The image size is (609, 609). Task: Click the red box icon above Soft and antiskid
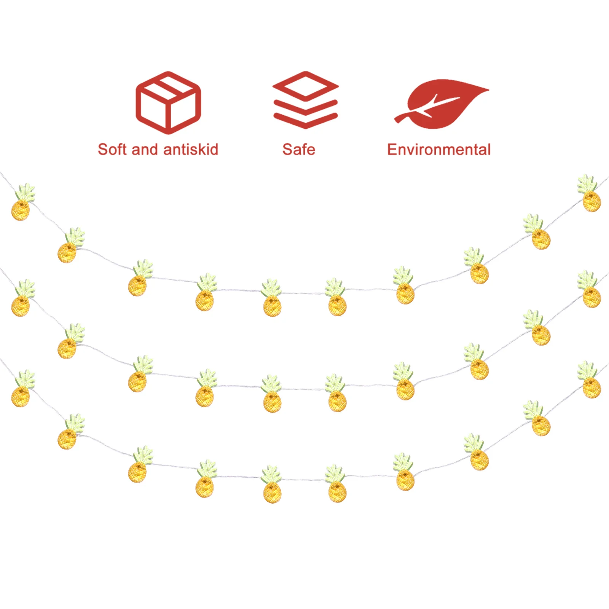click(x=168, y=103)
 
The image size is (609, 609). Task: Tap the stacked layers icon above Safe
click(x=305, y=100)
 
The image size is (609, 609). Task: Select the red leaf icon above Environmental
click(x=443, y=104)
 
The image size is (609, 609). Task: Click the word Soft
click(x=112, y=150)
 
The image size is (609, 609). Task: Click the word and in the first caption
click(x=145, y=150)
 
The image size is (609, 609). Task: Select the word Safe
click(x=299, y=150)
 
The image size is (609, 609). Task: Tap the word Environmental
click(x=439, y=150)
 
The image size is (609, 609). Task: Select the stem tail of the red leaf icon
click(x=402, y=118)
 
